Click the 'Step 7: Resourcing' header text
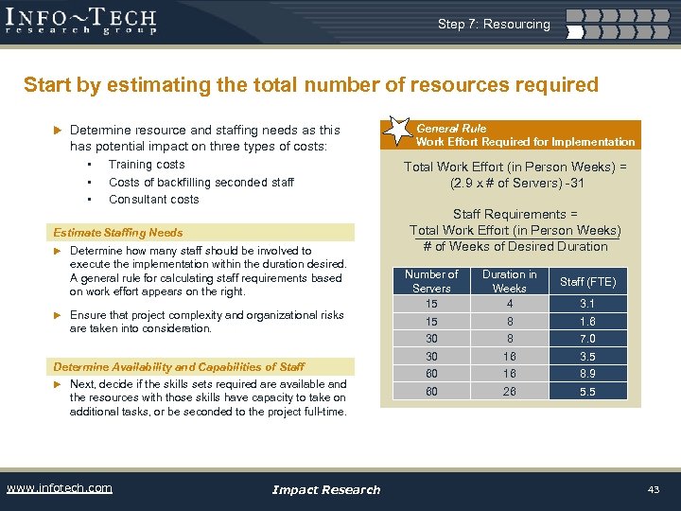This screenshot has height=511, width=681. pyautogui.click(x=493, y=24)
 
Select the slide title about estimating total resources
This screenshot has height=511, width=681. pyautogui.click(x=311, y=85)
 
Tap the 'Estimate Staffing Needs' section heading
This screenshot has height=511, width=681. pyautogui.click(x=118, y=232)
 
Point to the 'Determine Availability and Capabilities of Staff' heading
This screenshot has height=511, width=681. pyautogui.click(x=179, y=366)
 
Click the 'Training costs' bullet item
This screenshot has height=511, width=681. pyautogui.click(x=147, y=165)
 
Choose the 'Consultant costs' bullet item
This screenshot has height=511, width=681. pyautogui.click(x=153, y=199)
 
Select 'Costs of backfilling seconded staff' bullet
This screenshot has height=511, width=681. pyautogui.click(x=201, y=182)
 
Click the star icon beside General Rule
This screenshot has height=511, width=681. pyautogui.click(x=396, y=132)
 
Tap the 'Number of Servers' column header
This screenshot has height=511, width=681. pyautogui.click(x=431, y=281)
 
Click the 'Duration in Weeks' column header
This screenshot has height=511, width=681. pyautogui.click(x=509, y=281)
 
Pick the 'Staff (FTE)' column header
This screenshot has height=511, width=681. pyautogui.click(x=587, y=282)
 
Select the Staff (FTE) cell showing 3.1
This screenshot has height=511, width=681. pyautogui.click(x=587, y=304)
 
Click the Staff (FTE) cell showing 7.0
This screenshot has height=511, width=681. pyautogui.click(x=587, y=339)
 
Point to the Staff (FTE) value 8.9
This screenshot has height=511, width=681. pyautogui.click(x=587, y=374)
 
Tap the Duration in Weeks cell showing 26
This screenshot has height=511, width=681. pyautogui.click(x=509, y=392)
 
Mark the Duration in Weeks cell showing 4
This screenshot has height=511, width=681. pyautogui.click(x=509, y=304)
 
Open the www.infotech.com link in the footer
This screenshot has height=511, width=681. pyautogui.click(x=59, y=488)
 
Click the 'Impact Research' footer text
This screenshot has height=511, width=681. pyautogui.click(x=325, y=489)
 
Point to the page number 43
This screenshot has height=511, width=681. pyautogui.click(x=653, y=489)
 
